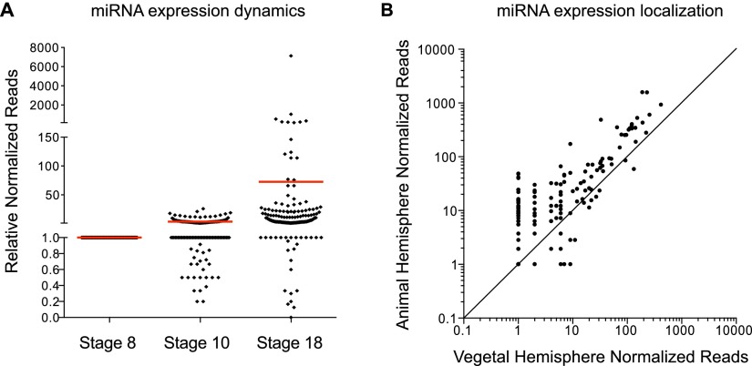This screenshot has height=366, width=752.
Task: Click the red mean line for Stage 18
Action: [291, 182]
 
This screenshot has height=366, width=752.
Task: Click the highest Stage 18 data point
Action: [291, 56]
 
